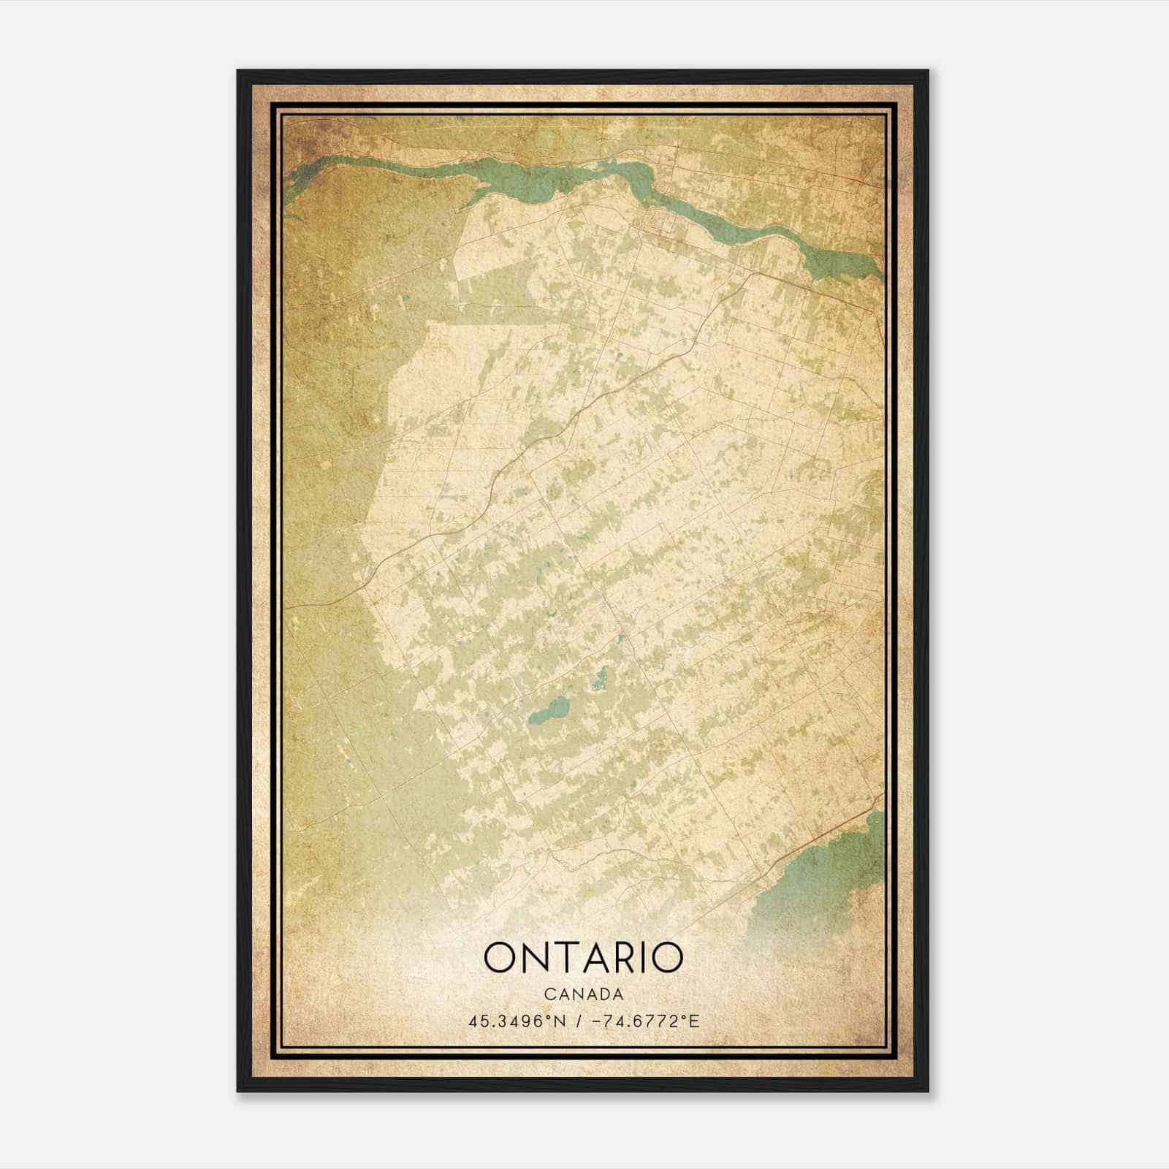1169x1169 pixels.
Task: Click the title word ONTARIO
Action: (x=583, y=958)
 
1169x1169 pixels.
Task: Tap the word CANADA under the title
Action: (x=583, y=994)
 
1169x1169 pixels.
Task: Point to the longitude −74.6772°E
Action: (x=643, y=1021)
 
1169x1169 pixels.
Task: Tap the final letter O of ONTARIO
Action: (x=666, y=958)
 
